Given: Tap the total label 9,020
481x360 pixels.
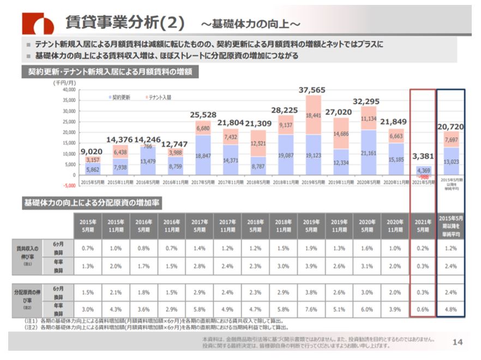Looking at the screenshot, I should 92,152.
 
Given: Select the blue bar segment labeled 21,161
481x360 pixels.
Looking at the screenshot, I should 369,153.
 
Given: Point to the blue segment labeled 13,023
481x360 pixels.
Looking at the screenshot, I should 450,161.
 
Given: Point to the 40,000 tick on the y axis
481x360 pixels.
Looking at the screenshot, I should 68,89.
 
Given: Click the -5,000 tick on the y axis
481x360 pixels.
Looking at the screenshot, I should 69,176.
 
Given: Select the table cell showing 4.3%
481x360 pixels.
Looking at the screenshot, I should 116,309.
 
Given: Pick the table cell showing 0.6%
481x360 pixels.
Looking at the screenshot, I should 422,309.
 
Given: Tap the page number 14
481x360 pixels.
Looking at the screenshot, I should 458,341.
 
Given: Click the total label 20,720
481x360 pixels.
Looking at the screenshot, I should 450,127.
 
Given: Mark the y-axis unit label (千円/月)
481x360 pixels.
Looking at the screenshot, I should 64,82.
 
